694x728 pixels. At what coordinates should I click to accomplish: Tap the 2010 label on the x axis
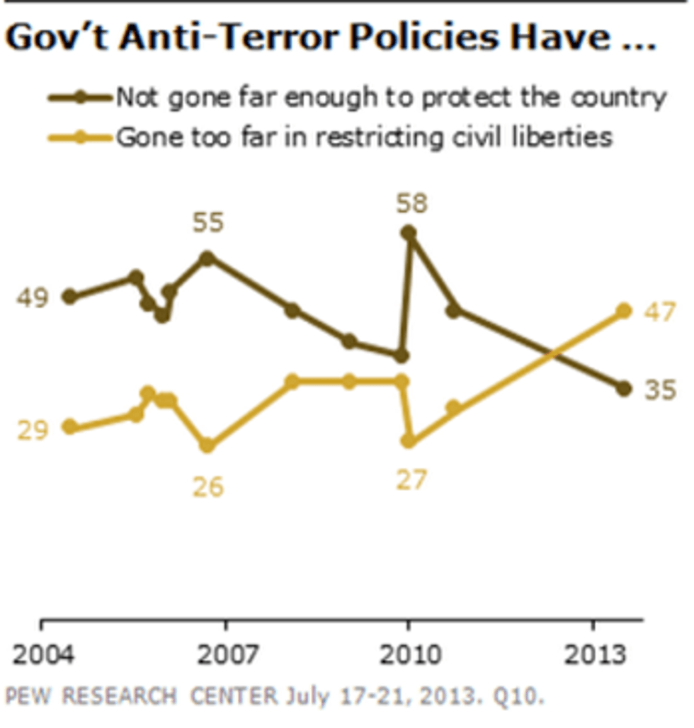[408, 655]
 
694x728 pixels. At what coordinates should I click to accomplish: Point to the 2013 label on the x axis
[593, 655]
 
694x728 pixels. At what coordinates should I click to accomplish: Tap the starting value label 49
[32, 298]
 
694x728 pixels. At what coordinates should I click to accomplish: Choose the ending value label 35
[660, 389]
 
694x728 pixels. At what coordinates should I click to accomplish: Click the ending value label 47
[660, 312]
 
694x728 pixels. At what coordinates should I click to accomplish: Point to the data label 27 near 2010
[411, 480]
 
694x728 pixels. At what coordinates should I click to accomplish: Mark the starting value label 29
[32, 429]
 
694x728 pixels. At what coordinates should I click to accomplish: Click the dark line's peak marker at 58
[409, 232]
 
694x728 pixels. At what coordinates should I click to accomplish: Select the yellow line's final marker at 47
[623, 311]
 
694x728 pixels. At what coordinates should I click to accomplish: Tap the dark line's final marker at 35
[623, 388]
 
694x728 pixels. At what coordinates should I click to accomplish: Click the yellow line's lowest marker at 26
[207, 445]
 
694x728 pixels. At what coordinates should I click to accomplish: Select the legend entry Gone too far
[363, 136]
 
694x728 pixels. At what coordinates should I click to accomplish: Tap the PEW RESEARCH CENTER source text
[142, 696]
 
